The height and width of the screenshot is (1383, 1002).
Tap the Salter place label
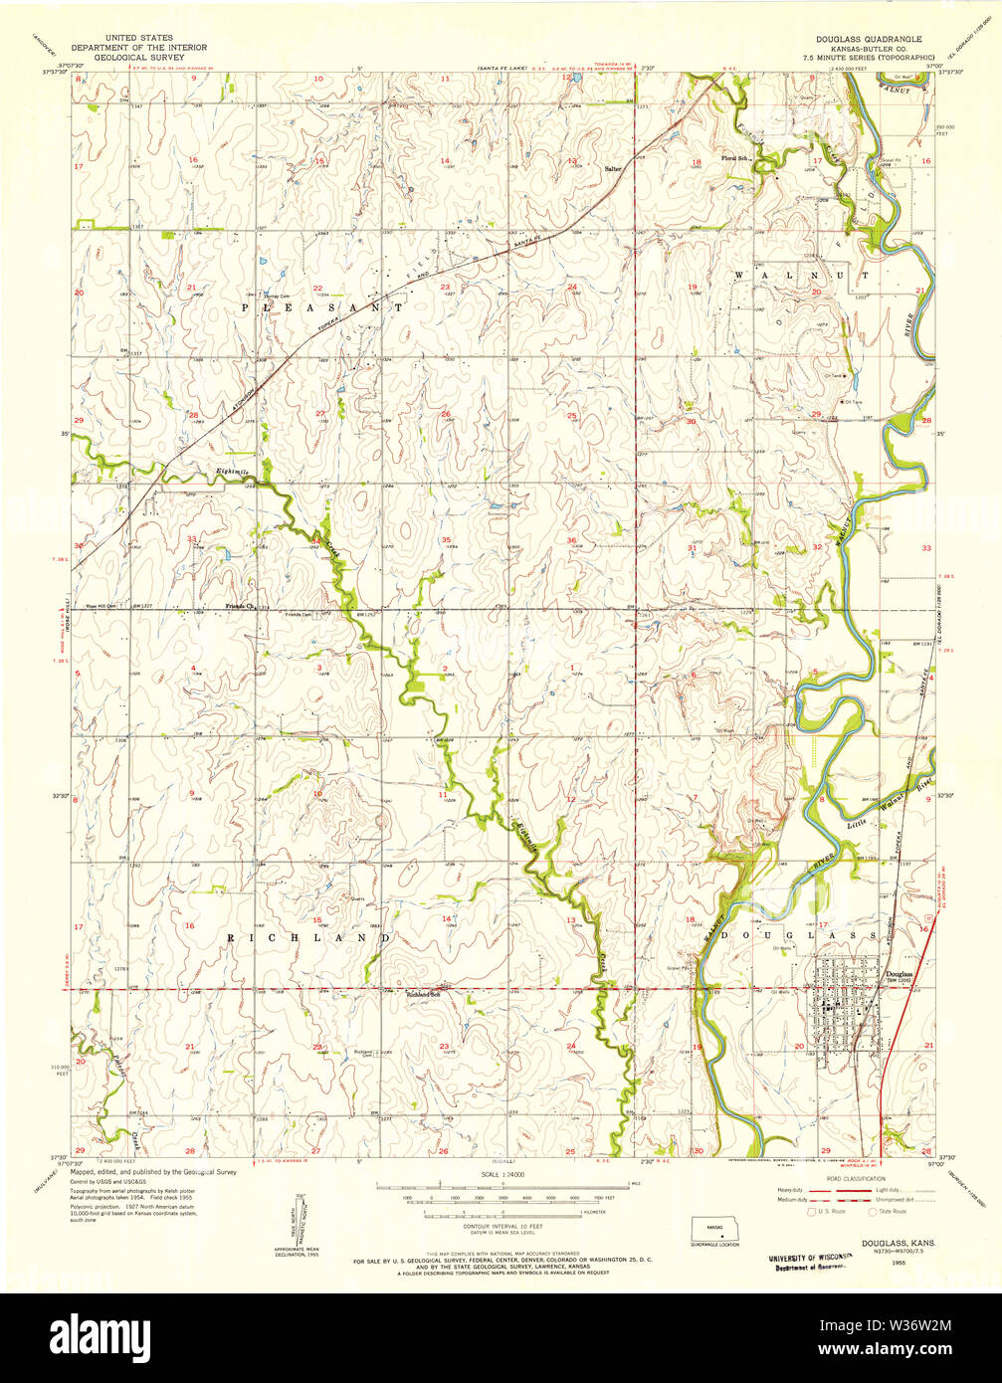(x=612, y=169)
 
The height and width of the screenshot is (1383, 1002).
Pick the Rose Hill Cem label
(x=99, y=606)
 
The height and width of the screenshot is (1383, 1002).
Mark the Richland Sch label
(x=422, y=994)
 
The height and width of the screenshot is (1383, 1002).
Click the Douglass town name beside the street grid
(x=899, y=973)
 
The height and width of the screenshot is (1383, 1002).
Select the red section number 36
(x=571, y=540)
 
